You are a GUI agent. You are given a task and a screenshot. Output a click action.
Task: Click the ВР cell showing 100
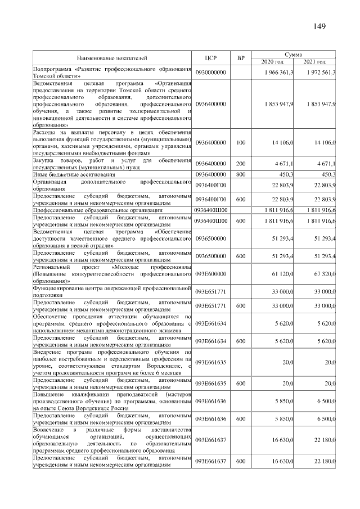point(241,143)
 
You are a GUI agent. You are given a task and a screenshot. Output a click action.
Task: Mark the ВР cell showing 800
point(241,174)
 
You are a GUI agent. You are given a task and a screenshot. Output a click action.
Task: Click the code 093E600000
point(211,273)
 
